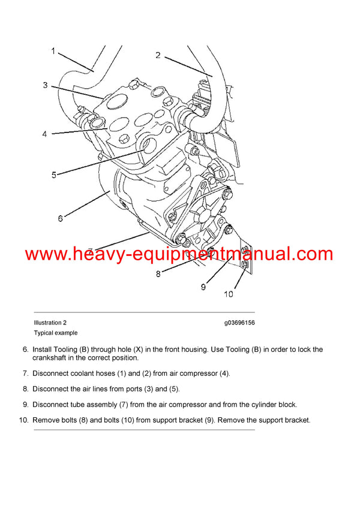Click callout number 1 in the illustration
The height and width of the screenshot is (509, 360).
[53, 52]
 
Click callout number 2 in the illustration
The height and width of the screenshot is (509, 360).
[158, 56]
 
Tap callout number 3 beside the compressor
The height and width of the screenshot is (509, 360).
[45, 86]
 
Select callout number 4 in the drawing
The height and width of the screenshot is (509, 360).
[44, 134]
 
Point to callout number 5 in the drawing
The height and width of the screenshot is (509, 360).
[53, 175]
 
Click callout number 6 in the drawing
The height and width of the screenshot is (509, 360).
[60, 218]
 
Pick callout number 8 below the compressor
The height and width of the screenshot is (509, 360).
[158, 274]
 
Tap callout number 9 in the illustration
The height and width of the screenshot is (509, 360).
[203, 287]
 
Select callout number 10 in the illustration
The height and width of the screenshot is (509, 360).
[229, 294]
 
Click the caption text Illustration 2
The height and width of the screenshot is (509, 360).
[50, 323]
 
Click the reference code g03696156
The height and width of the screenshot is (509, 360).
[239, 323]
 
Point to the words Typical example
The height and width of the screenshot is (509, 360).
[55, 333]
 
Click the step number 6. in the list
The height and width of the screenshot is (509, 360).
[25, 350]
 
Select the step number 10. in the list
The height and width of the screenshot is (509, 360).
[23, 420]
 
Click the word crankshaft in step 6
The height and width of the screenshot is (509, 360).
[53, 358]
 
